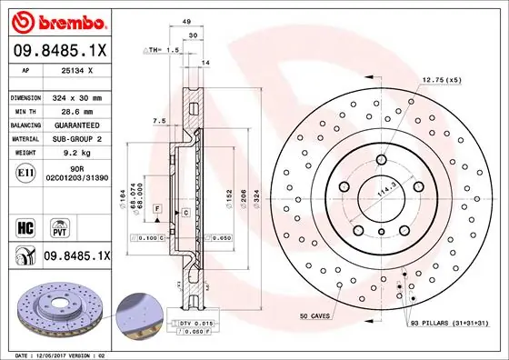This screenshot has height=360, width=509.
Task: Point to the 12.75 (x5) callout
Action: click(x=442, y=81)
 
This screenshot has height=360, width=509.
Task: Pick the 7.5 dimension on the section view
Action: click(x=159, y=119)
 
